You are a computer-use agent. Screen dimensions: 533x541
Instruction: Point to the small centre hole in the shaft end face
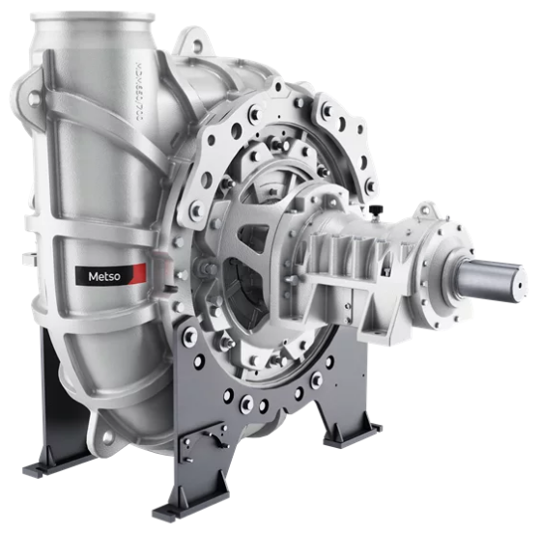pyautogui.click(x=519, y=284)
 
